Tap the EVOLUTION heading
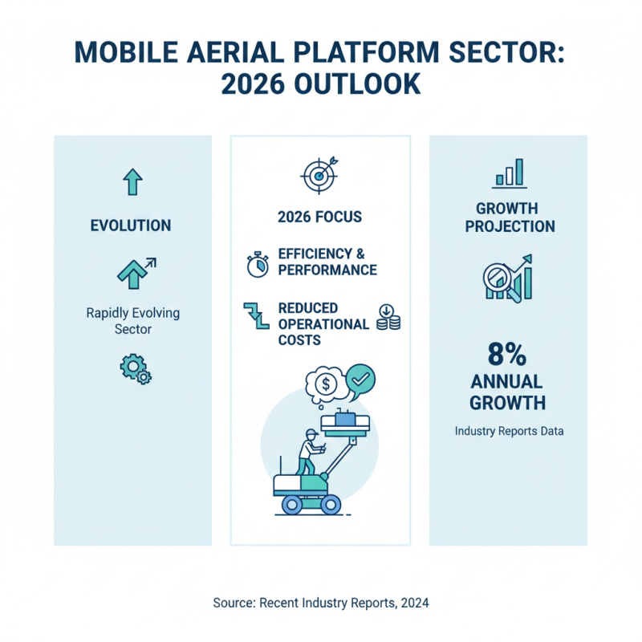[x=130, y=226]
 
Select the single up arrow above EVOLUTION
[x=132, y=183]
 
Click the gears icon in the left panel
[x=135, y=368]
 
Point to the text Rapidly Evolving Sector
[x=132, y=321]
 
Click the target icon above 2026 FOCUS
[x=319, y=173]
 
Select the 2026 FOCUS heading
[x=319, y=217]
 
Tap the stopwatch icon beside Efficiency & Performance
[x=258, y=263]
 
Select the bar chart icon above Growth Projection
[x=509, y=173]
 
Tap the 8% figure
[x=507, y=355]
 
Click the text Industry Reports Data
[x=509, y=431]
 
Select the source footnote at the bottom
[x=321, y=602]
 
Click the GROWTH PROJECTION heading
[x=509, y=217]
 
